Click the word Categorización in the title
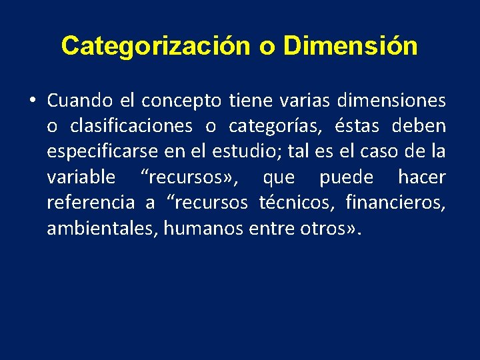tap(155, 46)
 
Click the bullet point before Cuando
tap(32, 101)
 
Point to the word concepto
tap(182, 101)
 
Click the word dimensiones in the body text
tap(391, 101)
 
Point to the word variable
tap(81, 177)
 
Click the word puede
tap(347, 178)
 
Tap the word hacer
tap(422, 177)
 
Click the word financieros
tap(395, 203)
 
